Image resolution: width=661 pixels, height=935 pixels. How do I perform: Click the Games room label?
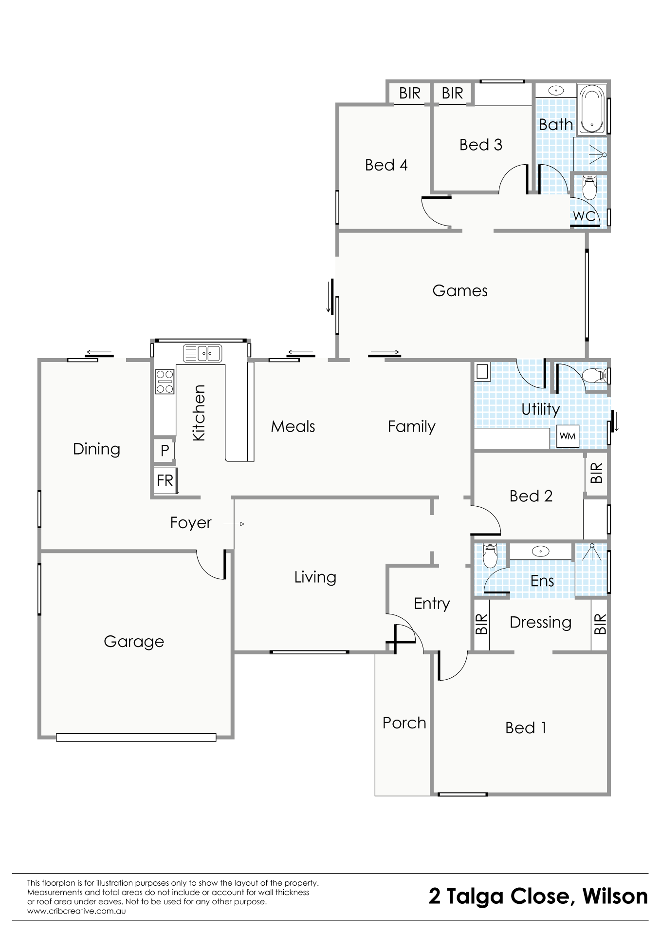click(459, 290)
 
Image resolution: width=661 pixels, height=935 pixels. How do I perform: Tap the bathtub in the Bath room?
click(591, 110)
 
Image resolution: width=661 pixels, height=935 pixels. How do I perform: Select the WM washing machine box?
click(567, 436)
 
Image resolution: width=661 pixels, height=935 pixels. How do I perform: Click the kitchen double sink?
click(202, 353)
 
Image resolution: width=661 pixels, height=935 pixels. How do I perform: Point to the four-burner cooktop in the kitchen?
click(165, 381)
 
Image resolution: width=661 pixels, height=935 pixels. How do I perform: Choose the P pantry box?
click(165, 450)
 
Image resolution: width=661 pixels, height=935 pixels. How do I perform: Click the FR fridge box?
click(165, 480)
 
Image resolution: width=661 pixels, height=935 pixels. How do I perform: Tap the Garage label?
click(134, 642)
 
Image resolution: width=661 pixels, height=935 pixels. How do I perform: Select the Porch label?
click(404, 723)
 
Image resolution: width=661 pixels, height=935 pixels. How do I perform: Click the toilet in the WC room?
click(589, 188)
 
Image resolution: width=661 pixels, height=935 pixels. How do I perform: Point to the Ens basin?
click(540, 552)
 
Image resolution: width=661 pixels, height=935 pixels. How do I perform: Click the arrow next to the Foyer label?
click(234, 524)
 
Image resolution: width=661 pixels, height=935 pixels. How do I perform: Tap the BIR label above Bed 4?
click(409, 93)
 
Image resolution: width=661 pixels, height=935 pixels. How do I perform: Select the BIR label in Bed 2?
click(596, 473)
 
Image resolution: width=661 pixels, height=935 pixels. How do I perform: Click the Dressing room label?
click(540, 623)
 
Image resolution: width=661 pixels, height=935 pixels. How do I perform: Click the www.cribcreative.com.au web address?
click(76, 911)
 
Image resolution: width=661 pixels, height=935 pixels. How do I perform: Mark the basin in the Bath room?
click(556, 90)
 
